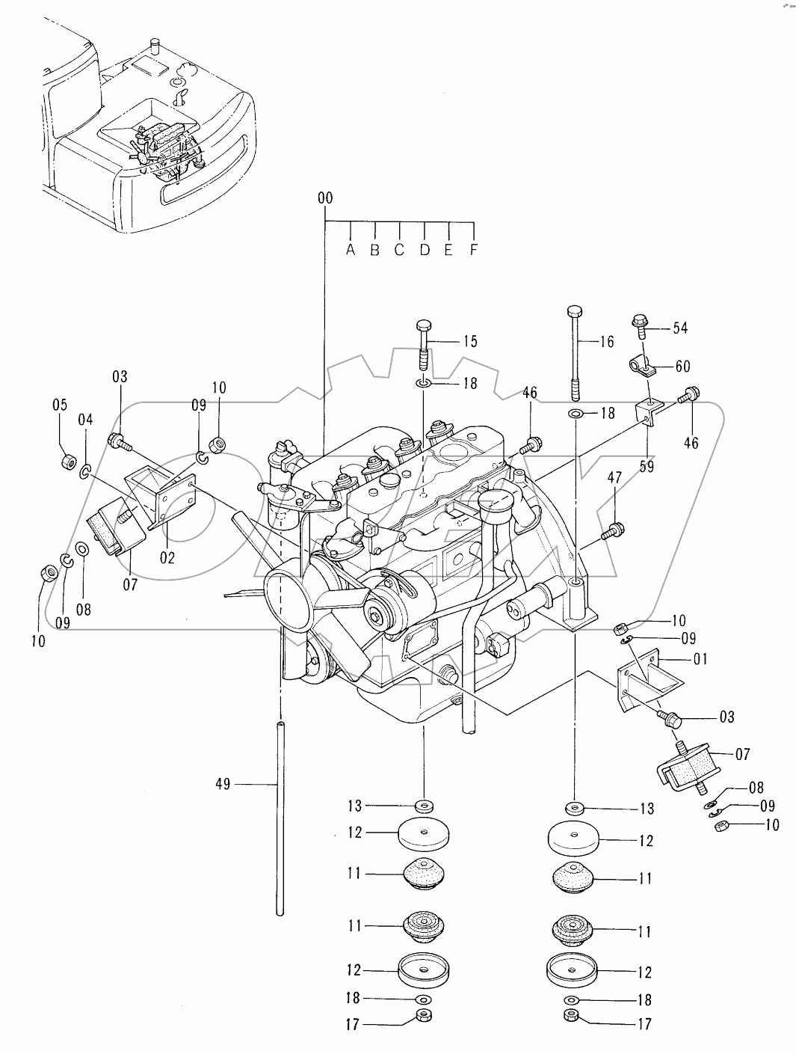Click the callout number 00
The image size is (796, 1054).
tap(325, 197)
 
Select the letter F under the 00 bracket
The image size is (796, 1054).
tap(474, 250)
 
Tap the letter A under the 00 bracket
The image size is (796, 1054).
tap(351, 250)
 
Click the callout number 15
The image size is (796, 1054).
tap(469, 341)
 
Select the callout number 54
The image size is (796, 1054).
tap(680, 328)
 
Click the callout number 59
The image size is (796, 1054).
tap(647, 466)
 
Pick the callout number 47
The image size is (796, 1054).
tap(614, 478)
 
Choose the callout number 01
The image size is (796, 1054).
tap(700, 659)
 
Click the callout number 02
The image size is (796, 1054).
tap(167, 558)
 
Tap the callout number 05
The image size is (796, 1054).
tap(60, 405)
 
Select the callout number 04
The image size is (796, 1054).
tap(85, 420)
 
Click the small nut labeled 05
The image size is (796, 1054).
tap(69, 462)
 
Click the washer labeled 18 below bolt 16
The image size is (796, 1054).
tap(575, 413)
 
